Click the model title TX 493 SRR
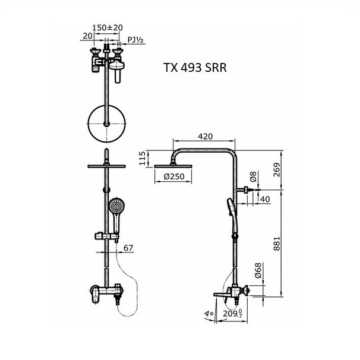click(x=195, y=68)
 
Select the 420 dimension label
click(x=206, y=137)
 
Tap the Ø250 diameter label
click(x=174, y=176)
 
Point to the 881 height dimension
click(x=277, y=244)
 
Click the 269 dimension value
click(x=277, y=170)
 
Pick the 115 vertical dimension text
click(x=143, y=158)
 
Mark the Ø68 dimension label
click(x=258, y=270)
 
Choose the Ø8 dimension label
click(x=253, y=176)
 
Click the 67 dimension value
click(x=128, y=248)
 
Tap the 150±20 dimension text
click(x=108, y=28)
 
